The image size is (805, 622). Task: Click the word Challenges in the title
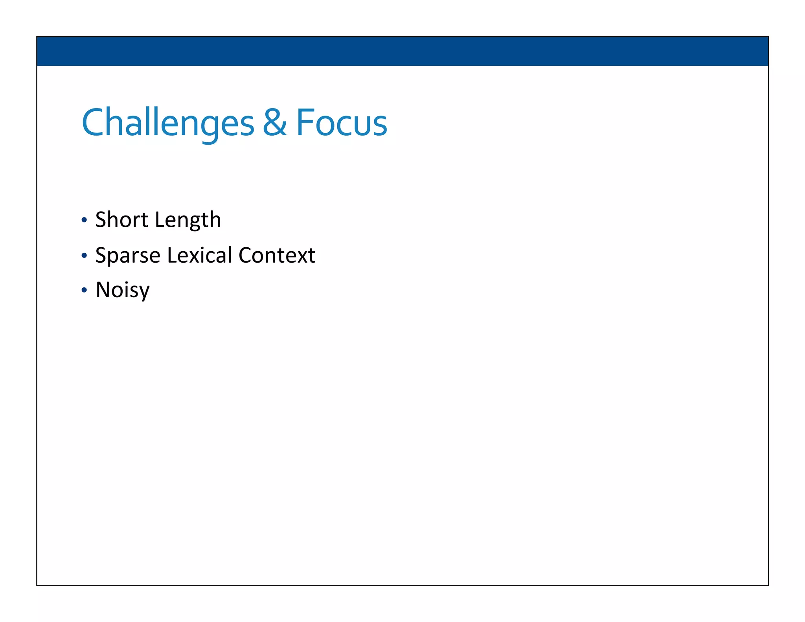point(168,123)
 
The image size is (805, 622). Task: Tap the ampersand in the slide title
point(274,123)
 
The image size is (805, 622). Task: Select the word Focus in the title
point(341,123)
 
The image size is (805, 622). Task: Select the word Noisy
point(122,290)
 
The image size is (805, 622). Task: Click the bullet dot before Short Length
point(84,220)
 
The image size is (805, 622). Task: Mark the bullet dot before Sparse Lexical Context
point(84,256)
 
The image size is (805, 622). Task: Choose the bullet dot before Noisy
point(84,291)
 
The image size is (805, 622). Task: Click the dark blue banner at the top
point(402,51)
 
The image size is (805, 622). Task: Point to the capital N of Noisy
point(104,290)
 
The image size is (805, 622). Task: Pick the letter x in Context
point(301,256)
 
